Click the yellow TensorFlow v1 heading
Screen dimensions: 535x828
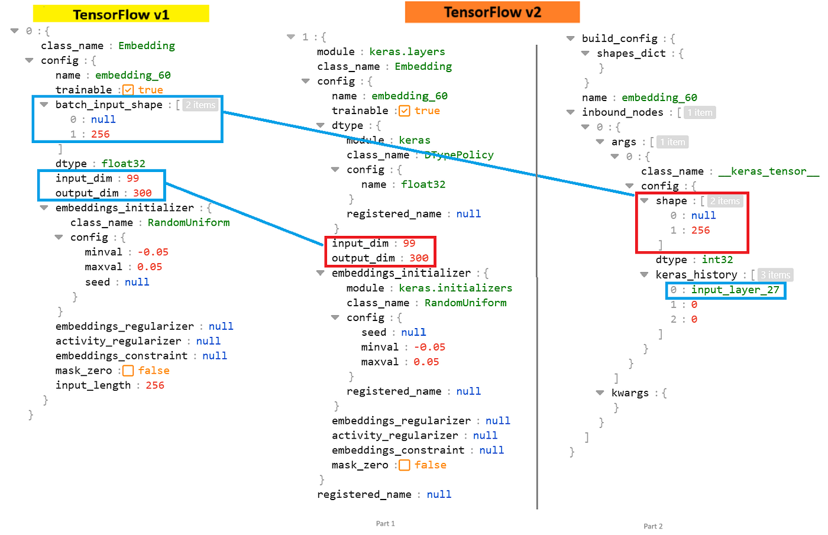[121, 14]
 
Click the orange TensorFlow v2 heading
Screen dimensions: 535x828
[492, 12]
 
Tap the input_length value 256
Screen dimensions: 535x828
[155, 385]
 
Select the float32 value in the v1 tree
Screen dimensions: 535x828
[123, 164]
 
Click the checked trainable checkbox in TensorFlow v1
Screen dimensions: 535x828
[128, 90]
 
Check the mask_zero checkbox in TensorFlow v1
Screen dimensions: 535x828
[128, 371]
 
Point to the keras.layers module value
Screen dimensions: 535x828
[407, 52]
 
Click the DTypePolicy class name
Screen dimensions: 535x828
[459, 155]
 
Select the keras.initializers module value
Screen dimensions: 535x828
[455, 288]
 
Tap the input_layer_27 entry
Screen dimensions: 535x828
[735, 290]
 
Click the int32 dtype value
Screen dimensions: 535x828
[717, 260]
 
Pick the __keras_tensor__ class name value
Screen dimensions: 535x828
[768, 171]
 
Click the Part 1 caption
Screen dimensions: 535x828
[385, 524]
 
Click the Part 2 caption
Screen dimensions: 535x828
[653, 526]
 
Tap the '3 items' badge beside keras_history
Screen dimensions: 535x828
[775, 275]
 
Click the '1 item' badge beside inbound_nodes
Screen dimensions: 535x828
[700, 112]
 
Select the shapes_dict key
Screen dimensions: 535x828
[631, 53]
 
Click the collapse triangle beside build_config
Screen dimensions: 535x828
[570, 38]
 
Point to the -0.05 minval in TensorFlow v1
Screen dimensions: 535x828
[153, 252]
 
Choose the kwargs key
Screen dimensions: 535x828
[630, 393]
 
